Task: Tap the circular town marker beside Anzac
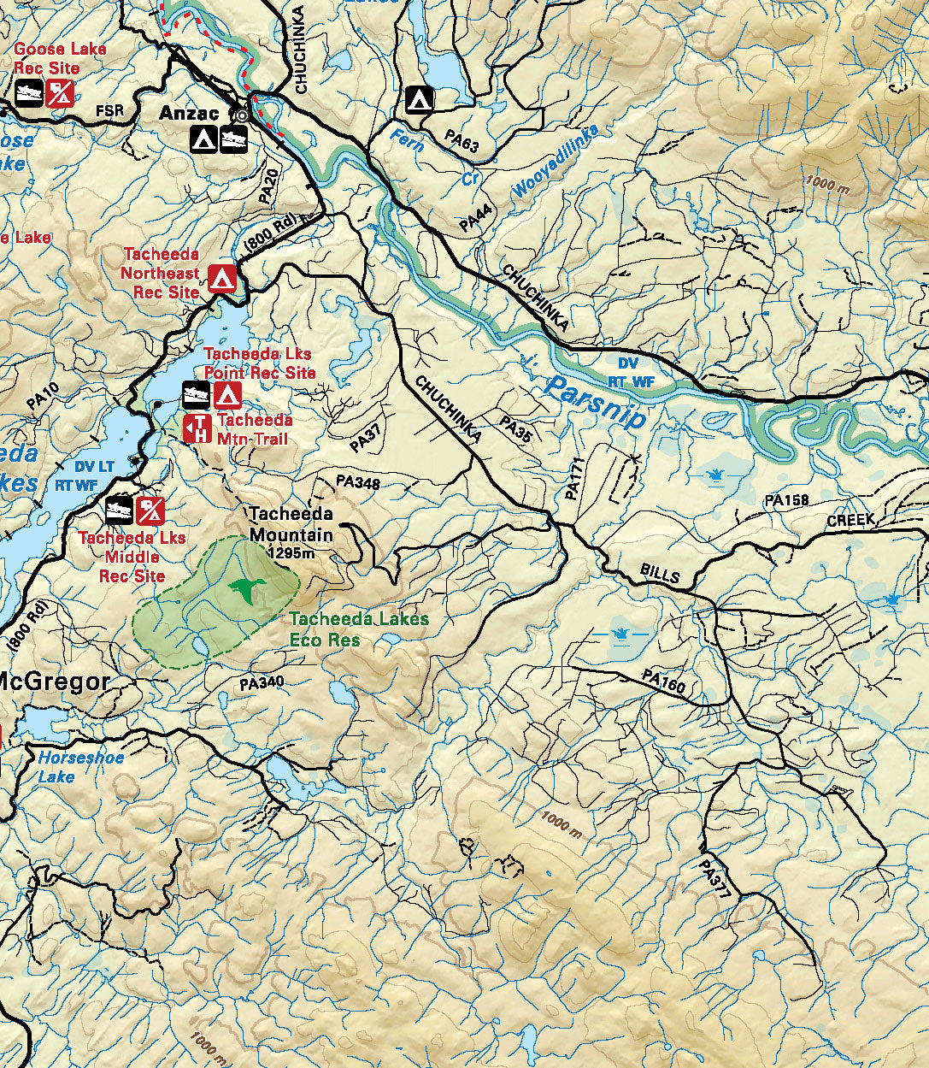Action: coord(241,114)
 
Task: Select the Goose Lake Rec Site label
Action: coord(60,58)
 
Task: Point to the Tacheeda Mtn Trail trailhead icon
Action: coord(197,428)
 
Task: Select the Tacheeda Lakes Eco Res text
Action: coord(358,628)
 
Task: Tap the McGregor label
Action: coord(55,682)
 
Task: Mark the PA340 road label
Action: coord(262,683)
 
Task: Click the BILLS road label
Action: coord(660,574)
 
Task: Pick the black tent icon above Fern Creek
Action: coord(419,99)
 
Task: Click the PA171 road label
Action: coord(573,480)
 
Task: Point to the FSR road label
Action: coord(109,110)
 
